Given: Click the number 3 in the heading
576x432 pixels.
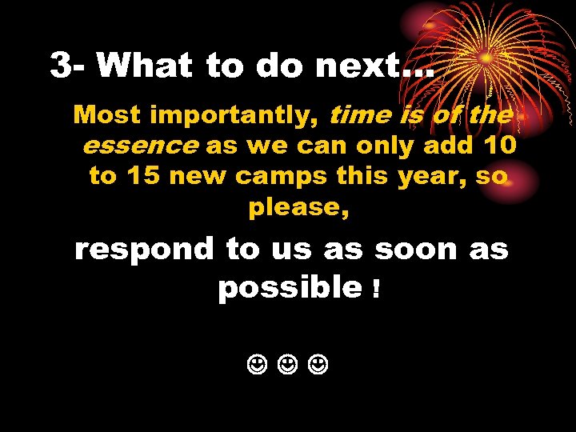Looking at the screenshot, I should (x=60, y=66).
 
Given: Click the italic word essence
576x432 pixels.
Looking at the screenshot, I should (x=139, y=146).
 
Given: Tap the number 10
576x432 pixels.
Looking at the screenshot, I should (x=496, y=146).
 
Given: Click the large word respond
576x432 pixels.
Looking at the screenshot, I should (x=145, y=250).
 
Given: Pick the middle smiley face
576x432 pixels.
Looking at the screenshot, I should (x=289, y=367).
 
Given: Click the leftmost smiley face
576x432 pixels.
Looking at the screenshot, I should (x=258, y=367).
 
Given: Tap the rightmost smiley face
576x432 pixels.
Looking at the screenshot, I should (x=319, y=367).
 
